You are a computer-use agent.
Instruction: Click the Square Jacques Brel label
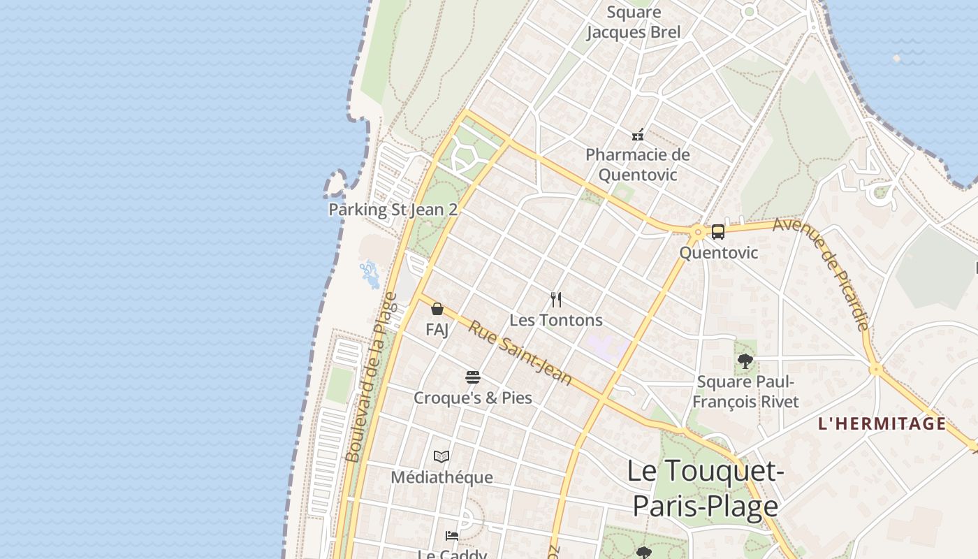coord(634,22)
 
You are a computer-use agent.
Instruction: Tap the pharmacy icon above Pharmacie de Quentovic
coord(638,134)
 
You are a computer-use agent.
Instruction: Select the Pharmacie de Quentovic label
coord(638,164)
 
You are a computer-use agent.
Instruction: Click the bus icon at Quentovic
coord(718,232)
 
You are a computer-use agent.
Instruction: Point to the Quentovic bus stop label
coord(718,252)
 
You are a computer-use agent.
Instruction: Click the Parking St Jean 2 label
coord(393,210)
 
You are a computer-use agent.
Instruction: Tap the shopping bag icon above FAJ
coord(437,309)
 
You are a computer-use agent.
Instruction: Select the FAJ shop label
coord(437,329)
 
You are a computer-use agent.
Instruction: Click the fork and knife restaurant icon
coord(556,300)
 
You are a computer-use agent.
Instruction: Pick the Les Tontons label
coord(556,320)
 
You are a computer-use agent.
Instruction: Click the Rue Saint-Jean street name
coord(520,353)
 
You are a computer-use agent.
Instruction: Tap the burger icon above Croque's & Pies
coord(473,378)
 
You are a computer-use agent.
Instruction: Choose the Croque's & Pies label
coord(473,398)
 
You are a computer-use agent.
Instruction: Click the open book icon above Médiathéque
coord(441,457)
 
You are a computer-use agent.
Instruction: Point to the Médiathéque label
coord(441,477)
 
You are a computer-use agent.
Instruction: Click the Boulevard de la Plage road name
coord(371,377)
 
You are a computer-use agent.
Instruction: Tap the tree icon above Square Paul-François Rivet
coord(745,361)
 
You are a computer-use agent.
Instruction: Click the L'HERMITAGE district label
coord(882,423)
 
